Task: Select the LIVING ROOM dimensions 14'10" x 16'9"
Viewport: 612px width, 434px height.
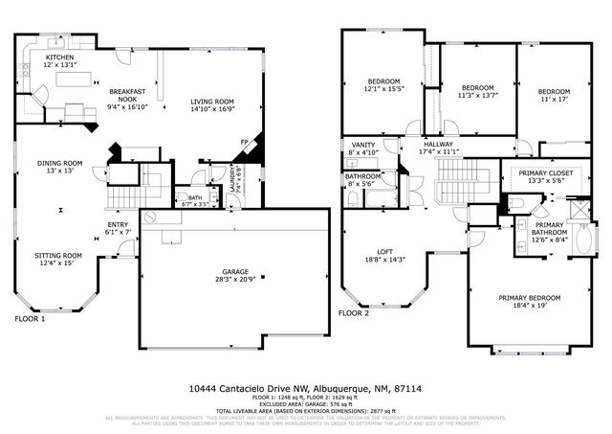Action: [212, 110]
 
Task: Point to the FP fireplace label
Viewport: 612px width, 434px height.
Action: [244, 143]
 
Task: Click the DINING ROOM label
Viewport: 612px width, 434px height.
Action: [59, 163]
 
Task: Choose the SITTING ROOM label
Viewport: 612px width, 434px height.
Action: [58, 256]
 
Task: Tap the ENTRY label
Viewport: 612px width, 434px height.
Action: [118, 226]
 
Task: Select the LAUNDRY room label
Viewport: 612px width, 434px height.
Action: [232, 179]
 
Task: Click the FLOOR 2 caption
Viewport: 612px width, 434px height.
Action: [354, 313]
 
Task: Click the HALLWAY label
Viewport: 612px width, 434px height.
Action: [438, 146]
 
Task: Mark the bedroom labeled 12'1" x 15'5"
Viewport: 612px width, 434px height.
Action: [382, 81]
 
